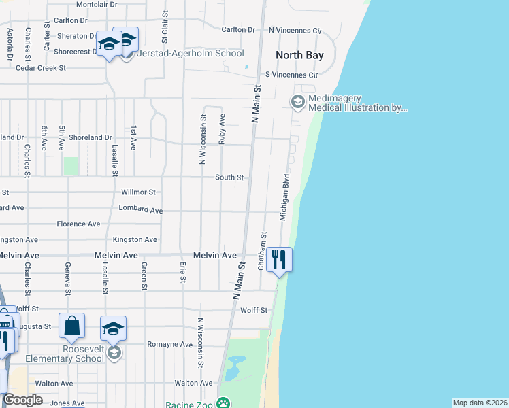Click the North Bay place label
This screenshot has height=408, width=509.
299,55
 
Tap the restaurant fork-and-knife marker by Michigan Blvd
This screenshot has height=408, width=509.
279,259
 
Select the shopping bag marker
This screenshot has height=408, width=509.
71,326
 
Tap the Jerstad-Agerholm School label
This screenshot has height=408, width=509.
191,53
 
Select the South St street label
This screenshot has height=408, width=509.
229,177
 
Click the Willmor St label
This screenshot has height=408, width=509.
138,192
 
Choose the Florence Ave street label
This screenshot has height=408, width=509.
78,224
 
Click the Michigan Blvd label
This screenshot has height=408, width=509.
286,197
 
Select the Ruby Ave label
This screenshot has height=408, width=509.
222,129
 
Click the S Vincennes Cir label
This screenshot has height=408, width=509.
291,74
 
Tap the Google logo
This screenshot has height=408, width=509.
22,400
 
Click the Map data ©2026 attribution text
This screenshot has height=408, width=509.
480,403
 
